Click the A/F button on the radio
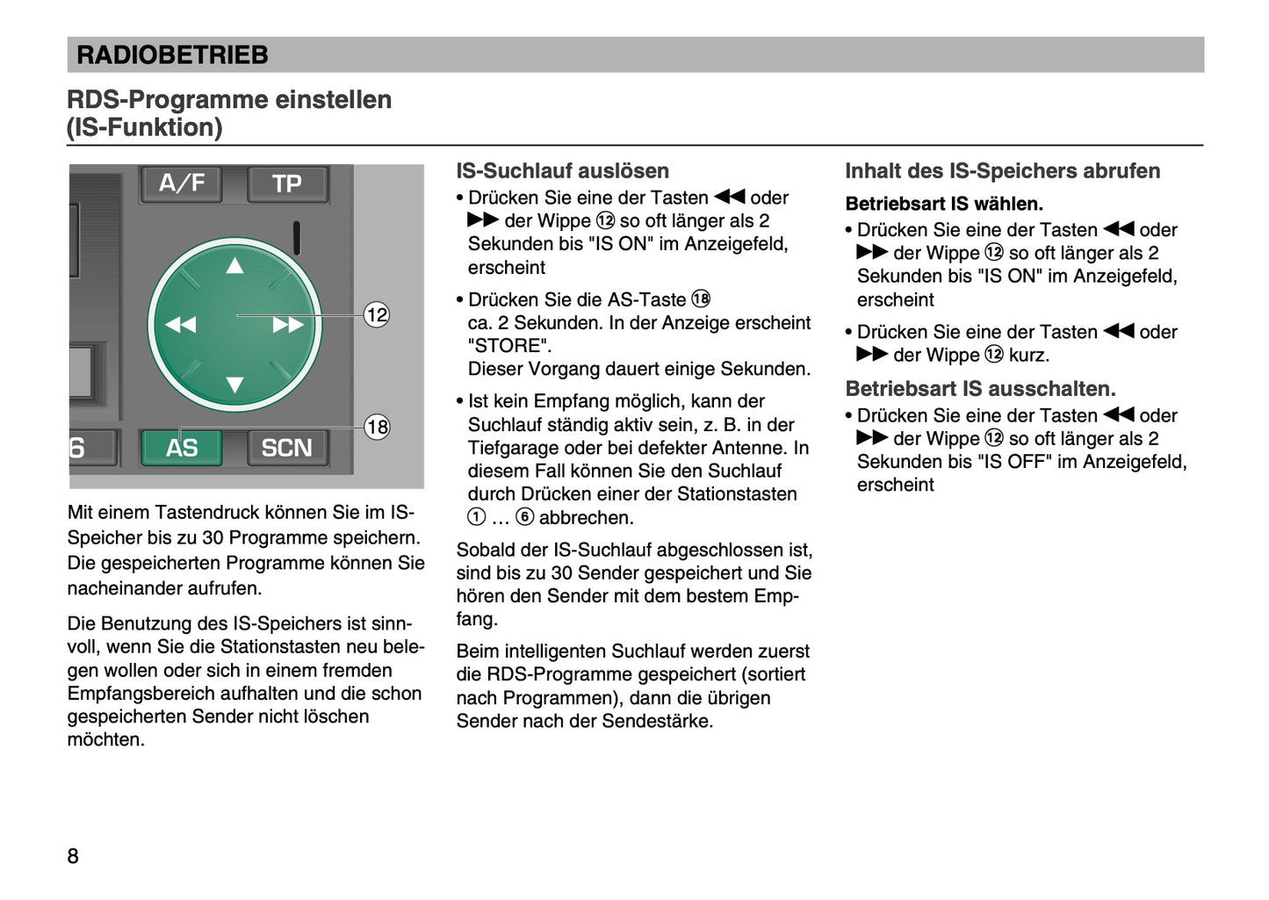[181, 183]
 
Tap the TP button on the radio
[286, 184]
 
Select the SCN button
[286, 448]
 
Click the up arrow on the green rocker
[234, 266]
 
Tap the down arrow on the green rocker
[234, 385]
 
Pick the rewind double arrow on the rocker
[180, 325]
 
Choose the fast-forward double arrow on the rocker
[288, 325]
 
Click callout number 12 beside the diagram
[377, 314]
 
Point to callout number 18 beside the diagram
[377, 427]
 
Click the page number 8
[73, 856]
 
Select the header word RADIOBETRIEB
[172, 55]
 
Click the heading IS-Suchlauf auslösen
[562, 171]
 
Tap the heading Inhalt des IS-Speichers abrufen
[1002, 171]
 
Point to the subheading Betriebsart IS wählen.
[944, 204]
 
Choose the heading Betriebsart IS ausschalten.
[980, 388]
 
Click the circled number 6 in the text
[524, 517]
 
